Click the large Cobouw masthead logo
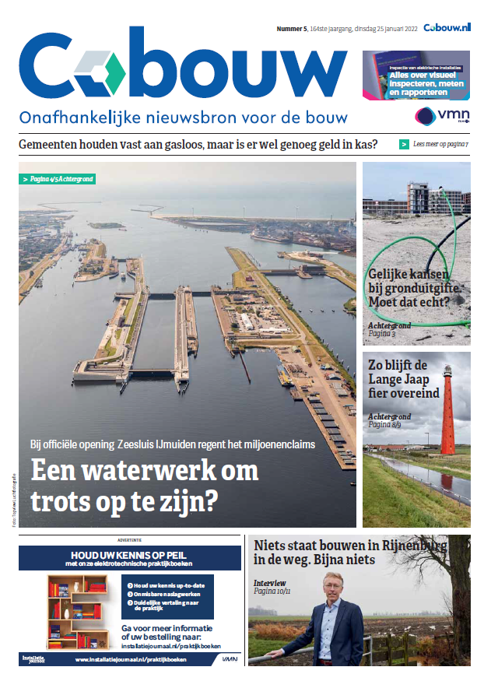point(183,72)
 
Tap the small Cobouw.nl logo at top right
point(447,28)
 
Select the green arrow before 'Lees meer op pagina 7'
point(404,144)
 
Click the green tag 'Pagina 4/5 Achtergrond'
point(58,179)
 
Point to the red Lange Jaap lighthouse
point(447,412)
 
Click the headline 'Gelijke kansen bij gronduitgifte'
point(415,285)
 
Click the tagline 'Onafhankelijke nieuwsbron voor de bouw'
point(183,119)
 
